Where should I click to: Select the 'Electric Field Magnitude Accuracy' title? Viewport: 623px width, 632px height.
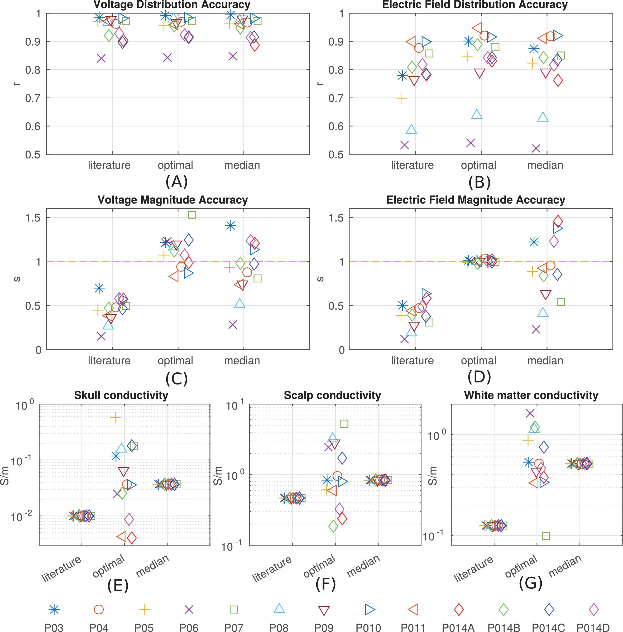pyautogui.click(x=476, y=200)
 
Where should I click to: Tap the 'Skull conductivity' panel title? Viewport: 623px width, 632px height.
pyautogui.click(x=121, y=395)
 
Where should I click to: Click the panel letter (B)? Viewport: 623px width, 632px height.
pyautogui.click(x=479, y=182)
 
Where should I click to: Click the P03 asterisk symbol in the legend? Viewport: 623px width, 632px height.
pyautogui.click(x=54, y=610)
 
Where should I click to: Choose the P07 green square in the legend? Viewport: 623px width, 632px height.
pyautogui.click(x=234, y=610)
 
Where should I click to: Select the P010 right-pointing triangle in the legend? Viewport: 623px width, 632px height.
pyautogui.click(x=370, y=610)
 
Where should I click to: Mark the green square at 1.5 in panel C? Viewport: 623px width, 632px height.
pyautogui.click(x=192, y=215)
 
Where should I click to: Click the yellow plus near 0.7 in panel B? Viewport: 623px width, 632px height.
pyautogui.click(x=401, y=98)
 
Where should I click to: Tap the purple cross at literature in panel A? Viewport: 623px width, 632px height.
pyautogui.click(x=101, y=59)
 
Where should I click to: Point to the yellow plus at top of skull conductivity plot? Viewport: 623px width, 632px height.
pyautogui.click(x=115, y=418)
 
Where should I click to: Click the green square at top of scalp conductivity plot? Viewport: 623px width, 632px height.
pyautogui.click(x=344, y=424)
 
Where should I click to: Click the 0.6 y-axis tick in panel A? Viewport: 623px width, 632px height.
pyautogui.click(x=33, y=126)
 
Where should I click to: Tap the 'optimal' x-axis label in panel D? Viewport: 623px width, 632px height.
pyautogui.click(x=478, y=360)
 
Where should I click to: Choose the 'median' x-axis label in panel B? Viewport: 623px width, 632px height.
pyautogui.click(x=545, y=165)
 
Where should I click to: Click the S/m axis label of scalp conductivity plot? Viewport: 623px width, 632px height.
pyautogui.click(x=218, y=476)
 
